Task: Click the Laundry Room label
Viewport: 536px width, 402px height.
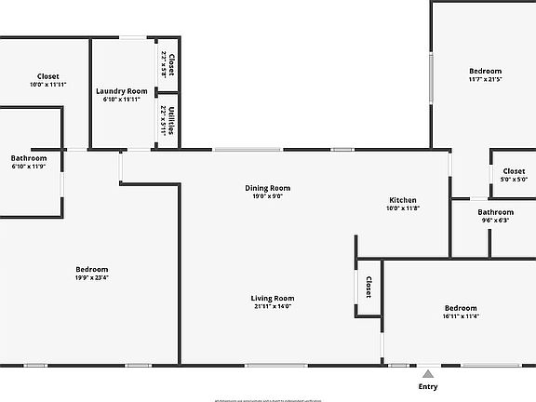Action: click(122, 90)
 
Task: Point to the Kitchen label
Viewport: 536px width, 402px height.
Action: click(403, 200)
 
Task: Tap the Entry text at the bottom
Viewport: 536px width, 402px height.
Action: click(428, 386)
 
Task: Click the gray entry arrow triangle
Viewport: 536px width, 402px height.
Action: click(428, 373)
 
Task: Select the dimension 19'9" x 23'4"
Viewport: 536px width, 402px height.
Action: click(91, 278)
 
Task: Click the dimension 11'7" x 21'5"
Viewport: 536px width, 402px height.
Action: click(485, 80)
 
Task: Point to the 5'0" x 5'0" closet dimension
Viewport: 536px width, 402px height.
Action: click(514, 180)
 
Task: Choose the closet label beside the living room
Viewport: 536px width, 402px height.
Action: click(368, 288)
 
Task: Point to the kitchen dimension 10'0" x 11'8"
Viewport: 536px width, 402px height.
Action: click(403, 208)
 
